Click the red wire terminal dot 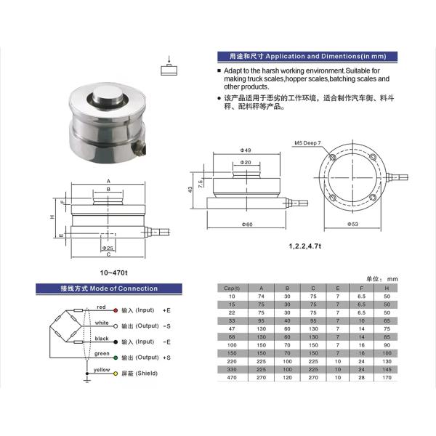pos(115,309)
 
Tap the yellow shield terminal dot pos(115,374)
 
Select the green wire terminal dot pos(115,358)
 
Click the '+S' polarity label pos(167,358)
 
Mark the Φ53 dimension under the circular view pos(352,225)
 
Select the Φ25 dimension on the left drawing pos(108,247)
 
